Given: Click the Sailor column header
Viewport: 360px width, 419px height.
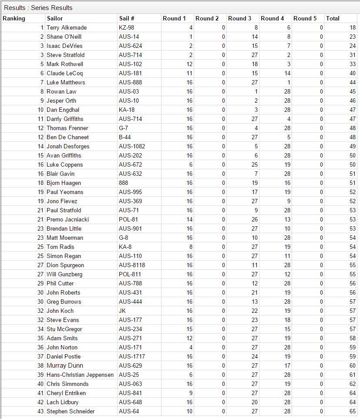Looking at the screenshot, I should pos(55,18).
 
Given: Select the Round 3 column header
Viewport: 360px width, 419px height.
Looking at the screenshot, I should pos(240,18).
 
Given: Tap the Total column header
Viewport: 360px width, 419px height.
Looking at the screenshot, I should pos(333,18).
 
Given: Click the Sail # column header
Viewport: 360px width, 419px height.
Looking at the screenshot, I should pos(127,18).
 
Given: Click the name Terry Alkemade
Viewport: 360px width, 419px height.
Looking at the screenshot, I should pos(67,27).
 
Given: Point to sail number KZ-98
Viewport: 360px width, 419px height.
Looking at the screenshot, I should pos(126,27).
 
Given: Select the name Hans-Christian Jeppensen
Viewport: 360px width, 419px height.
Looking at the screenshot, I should pos(80,375).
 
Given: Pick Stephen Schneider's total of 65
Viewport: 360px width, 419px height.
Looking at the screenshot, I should pos(352,411).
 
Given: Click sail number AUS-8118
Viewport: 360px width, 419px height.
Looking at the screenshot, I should pos(132,265).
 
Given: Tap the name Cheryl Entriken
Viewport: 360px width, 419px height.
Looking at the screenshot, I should pos(66,393).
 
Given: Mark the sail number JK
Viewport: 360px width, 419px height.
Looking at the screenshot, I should pos(122,311).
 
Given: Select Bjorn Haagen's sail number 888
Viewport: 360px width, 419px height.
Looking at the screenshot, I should pos(124,183).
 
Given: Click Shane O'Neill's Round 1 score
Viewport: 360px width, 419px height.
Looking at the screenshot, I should pos(191,37).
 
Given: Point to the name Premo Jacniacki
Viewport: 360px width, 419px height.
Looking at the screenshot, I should pos(67,219).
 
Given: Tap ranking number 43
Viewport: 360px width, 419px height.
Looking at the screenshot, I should pos(40,411).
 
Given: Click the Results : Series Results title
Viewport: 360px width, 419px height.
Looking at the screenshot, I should pos(38,7).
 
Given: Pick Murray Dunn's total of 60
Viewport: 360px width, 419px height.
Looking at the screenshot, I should pos(352,365).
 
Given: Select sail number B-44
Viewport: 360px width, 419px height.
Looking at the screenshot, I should pos(125,137).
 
